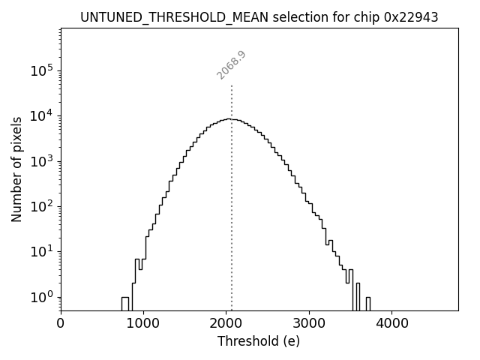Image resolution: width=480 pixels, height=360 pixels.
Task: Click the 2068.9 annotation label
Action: (232, 65)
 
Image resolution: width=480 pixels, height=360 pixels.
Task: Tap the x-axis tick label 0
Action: (61, 323)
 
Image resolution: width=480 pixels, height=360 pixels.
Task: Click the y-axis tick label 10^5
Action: (41, 71)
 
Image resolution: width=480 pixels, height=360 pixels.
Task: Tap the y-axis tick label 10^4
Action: (41, 116)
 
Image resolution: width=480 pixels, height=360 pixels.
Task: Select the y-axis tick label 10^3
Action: (41, 161)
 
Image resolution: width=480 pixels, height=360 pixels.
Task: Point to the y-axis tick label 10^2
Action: (41, 207)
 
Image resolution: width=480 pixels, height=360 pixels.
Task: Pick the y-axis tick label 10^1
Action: (41, 252)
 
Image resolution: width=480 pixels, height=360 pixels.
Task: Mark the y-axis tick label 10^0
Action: (41, 297)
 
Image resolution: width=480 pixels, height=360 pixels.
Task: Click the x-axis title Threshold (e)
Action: (259, 341)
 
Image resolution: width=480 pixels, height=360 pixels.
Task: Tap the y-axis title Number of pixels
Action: (16, 169)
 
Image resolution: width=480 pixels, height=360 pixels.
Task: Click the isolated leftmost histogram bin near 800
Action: (125, 303)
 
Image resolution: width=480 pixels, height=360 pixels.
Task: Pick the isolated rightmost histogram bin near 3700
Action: (367, 303)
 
